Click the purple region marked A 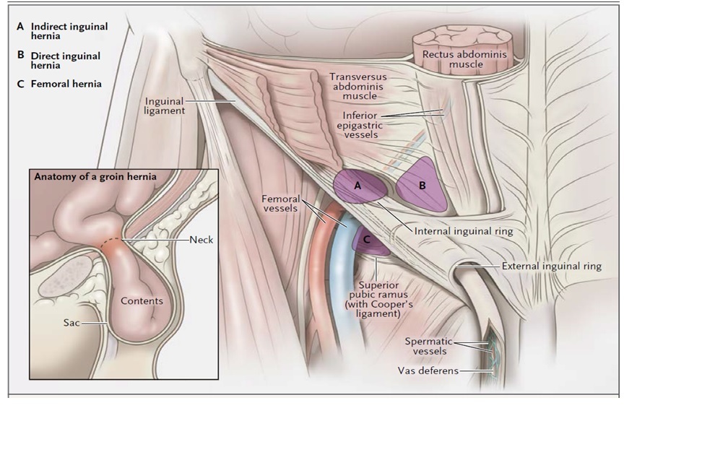[359, 187]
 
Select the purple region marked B [422, 185]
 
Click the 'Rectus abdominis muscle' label [464, 59]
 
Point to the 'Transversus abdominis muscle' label [358, 86]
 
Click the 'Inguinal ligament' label [165, 105]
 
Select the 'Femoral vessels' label [281, 203]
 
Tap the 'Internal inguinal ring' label [464, 231]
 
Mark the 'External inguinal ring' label [552, 266]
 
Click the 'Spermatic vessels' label [429, 346]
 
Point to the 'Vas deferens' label [428, 371]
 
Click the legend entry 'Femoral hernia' [65, 84]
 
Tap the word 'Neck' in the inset [201, 239]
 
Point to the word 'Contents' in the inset [142, 300]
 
